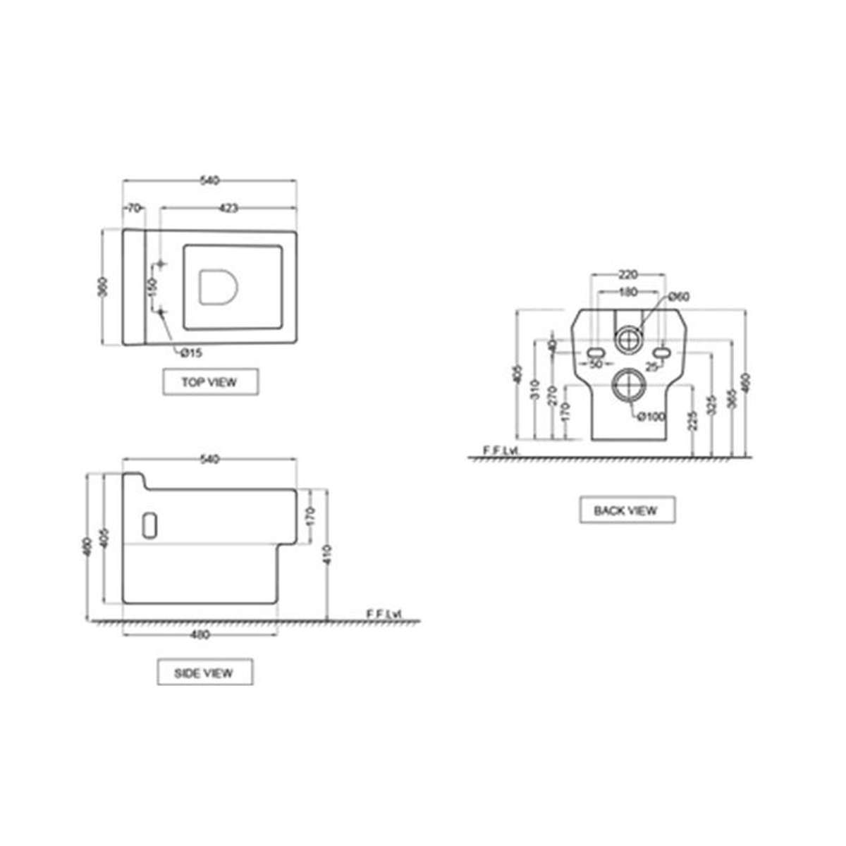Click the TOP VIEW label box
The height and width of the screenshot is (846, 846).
[209, 382]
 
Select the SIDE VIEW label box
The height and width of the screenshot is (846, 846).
[204, 673]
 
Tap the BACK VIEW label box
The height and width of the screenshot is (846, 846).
[627, 510]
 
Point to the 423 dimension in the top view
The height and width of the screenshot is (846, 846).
[228, 208]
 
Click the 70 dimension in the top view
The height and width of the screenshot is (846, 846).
[134, 208]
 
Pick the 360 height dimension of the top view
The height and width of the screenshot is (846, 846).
[104, 287]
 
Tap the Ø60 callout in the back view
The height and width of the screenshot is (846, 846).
[678, 297]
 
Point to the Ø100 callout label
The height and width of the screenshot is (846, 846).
[651, 417]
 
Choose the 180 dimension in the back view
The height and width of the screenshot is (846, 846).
[627, 292]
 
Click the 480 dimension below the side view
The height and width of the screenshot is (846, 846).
[201, 634]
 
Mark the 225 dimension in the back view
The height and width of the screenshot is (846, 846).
[694, 422]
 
